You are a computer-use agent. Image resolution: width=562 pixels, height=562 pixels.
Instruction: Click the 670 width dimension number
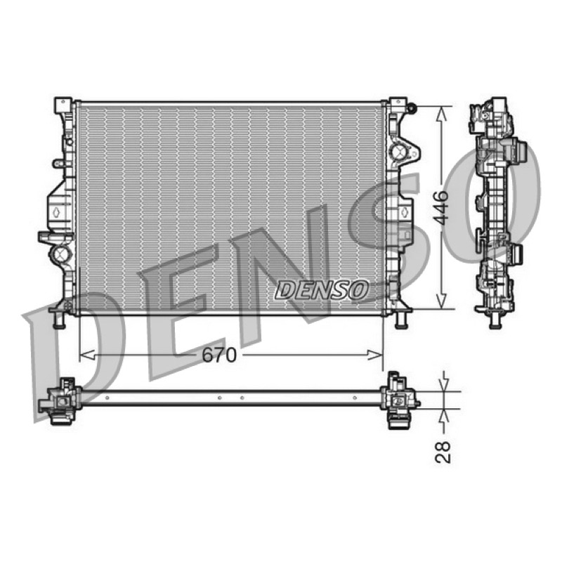click(219, 355)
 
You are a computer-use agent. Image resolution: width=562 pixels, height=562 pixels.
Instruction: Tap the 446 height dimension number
click(442, 207)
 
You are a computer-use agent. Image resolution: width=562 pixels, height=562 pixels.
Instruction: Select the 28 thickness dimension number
click(443, 452)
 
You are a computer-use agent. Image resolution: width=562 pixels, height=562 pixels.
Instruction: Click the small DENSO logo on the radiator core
click(322, 290)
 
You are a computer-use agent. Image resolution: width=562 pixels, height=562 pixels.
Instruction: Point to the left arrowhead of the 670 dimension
click(87, 355)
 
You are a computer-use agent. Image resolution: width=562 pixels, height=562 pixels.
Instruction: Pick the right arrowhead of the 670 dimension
click(375, 355)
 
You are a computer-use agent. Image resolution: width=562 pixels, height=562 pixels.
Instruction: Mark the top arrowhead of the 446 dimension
click(442, 115)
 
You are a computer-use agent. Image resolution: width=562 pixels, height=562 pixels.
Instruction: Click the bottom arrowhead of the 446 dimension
click(442, 300)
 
